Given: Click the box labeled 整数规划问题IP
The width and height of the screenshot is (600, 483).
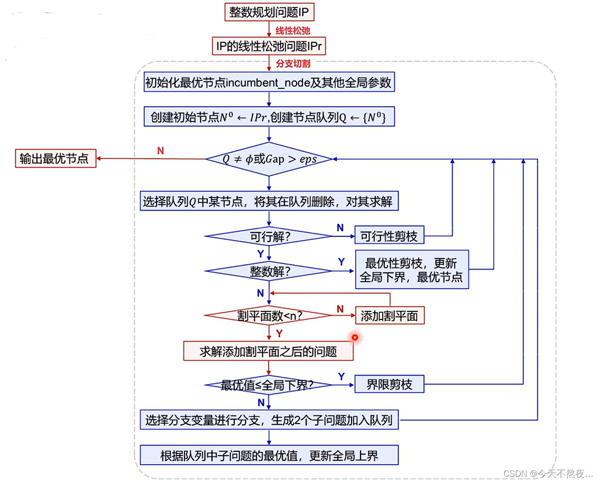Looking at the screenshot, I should coord(269,12).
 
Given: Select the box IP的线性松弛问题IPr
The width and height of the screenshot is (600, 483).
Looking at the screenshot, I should coord(269,46).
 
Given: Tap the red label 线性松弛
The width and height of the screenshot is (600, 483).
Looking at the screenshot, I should coord(293,31).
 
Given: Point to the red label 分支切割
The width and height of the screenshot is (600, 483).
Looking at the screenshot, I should coord(293,63).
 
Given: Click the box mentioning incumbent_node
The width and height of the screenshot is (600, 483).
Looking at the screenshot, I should coord(269,82).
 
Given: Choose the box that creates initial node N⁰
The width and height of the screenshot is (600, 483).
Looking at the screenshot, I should coord(269,117).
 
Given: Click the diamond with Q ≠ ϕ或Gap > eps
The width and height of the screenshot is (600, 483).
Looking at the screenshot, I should coord(269,159).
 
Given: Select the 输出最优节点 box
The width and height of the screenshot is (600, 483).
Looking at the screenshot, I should coord(55,158).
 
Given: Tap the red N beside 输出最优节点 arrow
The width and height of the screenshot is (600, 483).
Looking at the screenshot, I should coord(160,151).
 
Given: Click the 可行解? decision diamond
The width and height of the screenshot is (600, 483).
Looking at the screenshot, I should coord(269,236).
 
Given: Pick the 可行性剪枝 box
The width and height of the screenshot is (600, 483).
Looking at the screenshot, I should coord(389,236).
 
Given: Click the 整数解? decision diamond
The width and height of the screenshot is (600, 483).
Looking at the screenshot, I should coord(269,271).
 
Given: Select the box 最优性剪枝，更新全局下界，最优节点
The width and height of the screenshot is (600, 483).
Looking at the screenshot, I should coord(412,269).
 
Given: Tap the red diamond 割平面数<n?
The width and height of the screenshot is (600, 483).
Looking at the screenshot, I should coord(269,315).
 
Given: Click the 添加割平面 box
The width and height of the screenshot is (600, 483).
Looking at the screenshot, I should coord(389,316).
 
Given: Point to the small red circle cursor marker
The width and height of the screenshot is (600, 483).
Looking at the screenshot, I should coord(354,337).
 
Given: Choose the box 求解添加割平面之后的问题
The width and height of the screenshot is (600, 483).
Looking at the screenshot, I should coord(268,351).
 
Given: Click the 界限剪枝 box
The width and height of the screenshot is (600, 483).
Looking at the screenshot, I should coord(389,384).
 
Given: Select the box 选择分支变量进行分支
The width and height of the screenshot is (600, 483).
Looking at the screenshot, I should coord(269,420).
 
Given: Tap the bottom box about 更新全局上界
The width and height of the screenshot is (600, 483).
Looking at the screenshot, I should coord(269,455).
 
